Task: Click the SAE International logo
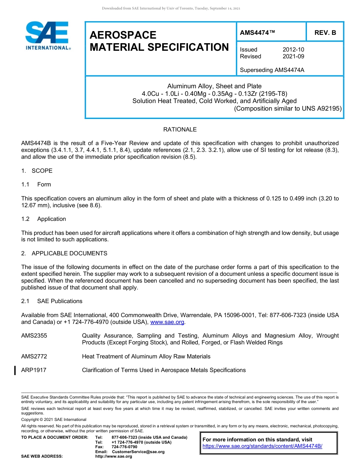point(47,35)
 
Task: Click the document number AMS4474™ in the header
point(257,33)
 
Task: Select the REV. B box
point(325,33)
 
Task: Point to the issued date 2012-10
point(293,50)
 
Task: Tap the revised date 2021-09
point(293,56)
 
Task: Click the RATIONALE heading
point(180,130)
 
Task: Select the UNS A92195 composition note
point(288,108)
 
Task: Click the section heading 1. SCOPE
point(37,171)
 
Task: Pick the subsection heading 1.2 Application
point(44,219)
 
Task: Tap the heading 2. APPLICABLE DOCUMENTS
point(64,253)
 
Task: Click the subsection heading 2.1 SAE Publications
point(52,301)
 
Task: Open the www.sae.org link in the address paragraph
point(167,322)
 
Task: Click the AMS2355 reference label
point(34,336)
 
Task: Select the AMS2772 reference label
point(34,357)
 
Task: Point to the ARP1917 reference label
point(34,370)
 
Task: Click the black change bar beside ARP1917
point(15,370)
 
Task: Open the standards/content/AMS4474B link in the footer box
point(262,446)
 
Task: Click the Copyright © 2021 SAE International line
point(54,419)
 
